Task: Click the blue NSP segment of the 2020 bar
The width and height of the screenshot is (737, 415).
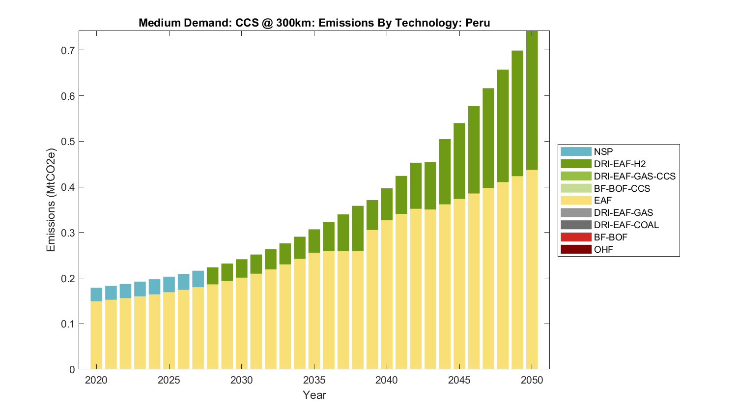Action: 96,295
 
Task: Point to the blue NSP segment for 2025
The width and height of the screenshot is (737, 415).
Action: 169,285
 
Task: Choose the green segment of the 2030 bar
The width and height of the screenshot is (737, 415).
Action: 241,268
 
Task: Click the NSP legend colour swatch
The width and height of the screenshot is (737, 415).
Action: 576,151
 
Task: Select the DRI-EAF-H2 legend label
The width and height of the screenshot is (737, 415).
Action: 620,164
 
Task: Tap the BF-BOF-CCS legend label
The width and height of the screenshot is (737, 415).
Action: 622,188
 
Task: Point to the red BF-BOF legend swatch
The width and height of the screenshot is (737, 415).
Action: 576,237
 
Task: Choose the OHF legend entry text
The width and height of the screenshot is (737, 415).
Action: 603,249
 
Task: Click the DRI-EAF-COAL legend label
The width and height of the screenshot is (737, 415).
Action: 626,225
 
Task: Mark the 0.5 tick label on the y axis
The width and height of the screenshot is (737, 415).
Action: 69,142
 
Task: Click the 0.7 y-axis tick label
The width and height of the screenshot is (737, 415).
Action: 69,50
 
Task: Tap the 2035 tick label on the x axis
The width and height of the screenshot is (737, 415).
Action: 314,380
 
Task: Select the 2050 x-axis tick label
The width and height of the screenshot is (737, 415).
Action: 532,380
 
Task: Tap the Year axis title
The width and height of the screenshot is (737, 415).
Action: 314,395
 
